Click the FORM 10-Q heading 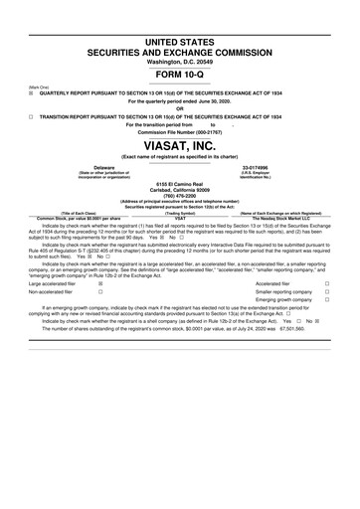(x=179, y=75)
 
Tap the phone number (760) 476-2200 (x=179, y=195)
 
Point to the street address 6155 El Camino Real (x=179, y=184)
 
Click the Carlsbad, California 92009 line (x=179, y=190)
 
